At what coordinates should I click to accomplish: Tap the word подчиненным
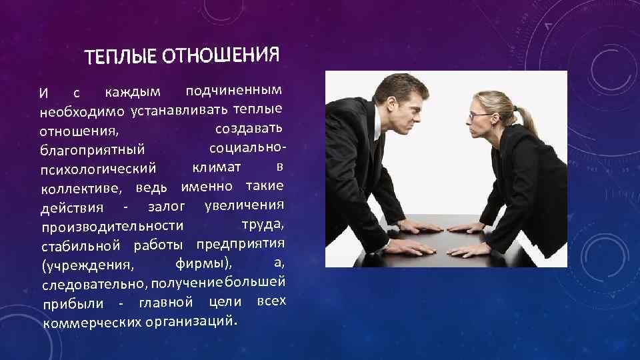pyautogui.click(x=233, y=90)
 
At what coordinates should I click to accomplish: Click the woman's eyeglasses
pyautogui.click(x=481, y=115)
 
